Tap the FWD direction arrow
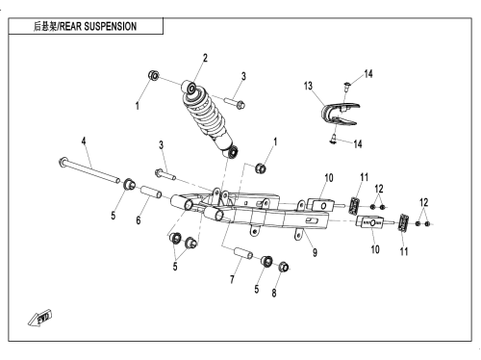coord(39,319)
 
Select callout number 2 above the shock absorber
coord(205,58)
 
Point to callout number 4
coord(84,141)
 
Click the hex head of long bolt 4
coord(63,162)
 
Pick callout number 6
coord(139,220)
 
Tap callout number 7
coord(232,279)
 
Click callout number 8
coord(274,293)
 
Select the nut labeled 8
coord(284,267)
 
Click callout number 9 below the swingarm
coord(315,252)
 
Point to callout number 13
coord(308,86)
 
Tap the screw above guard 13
coord(347,85)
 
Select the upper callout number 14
coord(368,74)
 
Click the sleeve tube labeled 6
coord(151,192)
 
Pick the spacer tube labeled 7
coord(242,252)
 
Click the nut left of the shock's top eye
coord(154,76)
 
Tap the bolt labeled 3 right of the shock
coord(235,103)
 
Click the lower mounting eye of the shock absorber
coord(232,151)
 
